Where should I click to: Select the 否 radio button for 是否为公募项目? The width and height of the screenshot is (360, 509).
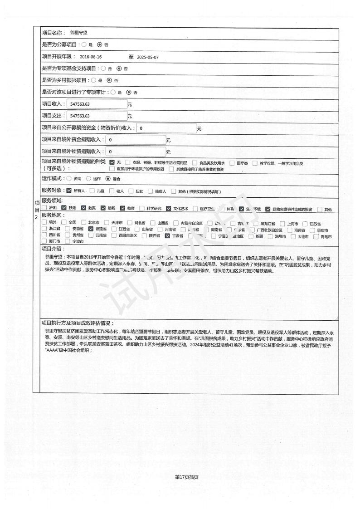99,45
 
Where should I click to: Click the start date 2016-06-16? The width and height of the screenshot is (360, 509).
91,57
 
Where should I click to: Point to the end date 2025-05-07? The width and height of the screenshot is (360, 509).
148,57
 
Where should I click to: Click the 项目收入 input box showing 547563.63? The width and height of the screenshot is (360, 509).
97,104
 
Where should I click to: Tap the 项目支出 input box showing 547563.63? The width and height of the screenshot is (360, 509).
97,116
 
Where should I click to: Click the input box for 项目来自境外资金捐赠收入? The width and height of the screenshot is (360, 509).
136,140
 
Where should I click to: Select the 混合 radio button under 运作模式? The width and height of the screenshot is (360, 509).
107,179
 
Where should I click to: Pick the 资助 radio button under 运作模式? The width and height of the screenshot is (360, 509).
69,179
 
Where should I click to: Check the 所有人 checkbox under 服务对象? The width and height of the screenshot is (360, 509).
69,191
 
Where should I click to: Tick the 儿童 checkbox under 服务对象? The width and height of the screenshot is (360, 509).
92,191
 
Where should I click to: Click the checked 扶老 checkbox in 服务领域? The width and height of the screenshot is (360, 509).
64,208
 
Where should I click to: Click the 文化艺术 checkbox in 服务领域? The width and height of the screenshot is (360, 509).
169,208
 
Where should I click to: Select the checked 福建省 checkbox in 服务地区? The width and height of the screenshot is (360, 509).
91,229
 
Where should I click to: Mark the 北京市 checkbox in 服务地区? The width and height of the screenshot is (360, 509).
84,223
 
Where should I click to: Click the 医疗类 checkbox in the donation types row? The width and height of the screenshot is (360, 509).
232,163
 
